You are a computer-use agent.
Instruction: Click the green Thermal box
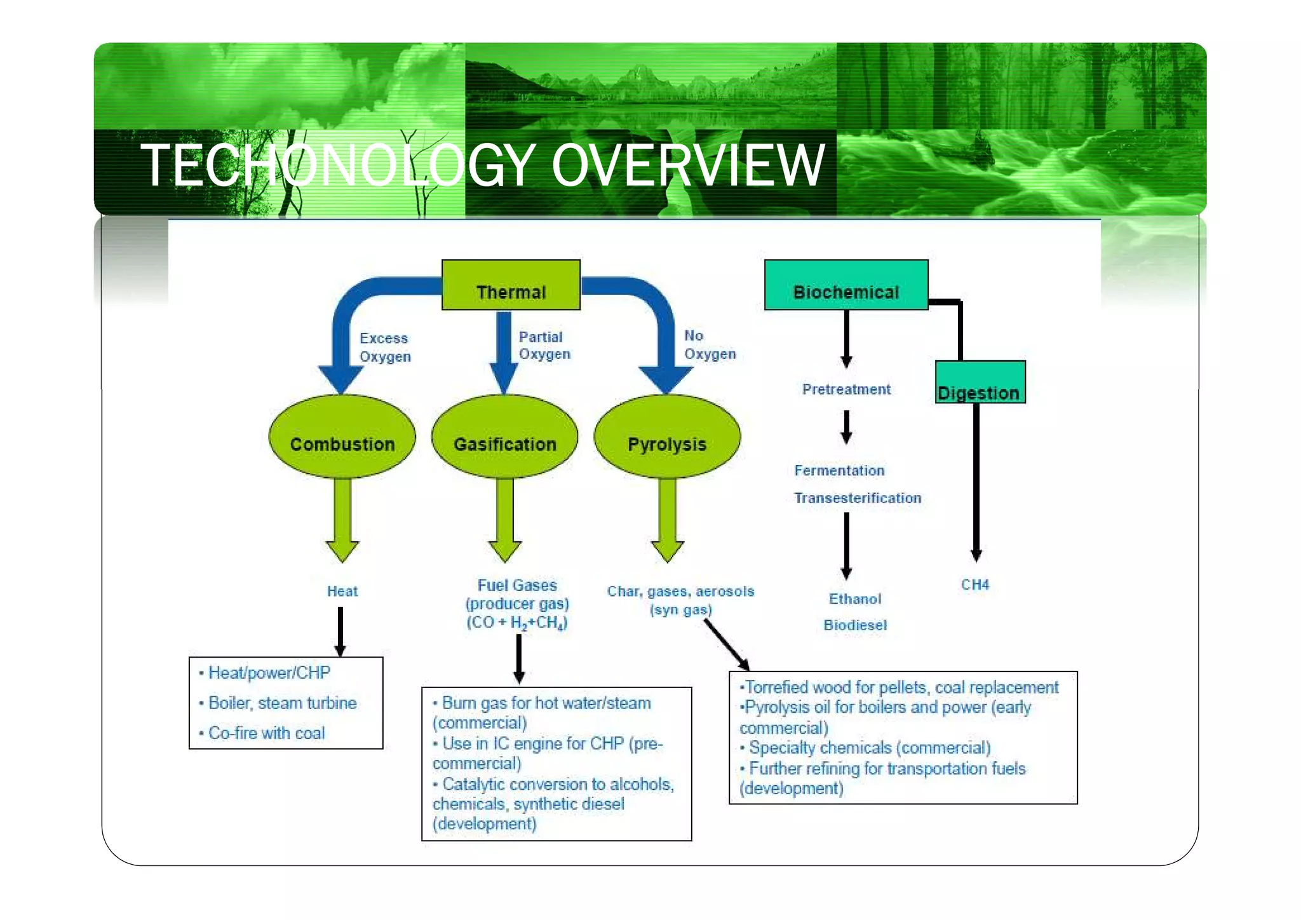pos(511,285)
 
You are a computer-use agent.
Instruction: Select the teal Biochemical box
pos(846,285)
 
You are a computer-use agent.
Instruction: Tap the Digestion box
pos(980,382)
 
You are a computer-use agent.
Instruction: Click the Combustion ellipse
pos(342,437)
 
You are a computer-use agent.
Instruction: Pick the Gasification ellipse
pos(504,437)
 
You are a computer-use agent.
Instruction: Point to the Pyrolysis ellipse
pos(667,437)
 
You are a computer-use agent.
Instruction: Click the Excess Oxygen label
pos(385,348)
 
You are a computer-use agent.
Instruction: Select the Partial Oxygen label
pos(544,346)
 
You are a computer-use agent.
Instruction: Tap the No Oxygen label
pos(710,345)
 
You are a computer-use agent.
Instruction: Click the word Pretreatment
pos(846,389)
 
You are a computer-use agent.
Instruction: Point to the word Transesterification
pos(857,498)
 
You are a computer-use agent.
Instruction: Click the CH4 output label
pos(974,585)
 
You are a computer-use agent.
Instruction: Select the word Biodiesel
pos(855,625)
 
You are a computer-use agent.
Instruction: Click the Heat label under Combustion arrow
pos(342,592)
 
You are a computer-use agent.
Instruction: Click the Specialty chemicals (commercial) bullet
pos(868,748)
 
